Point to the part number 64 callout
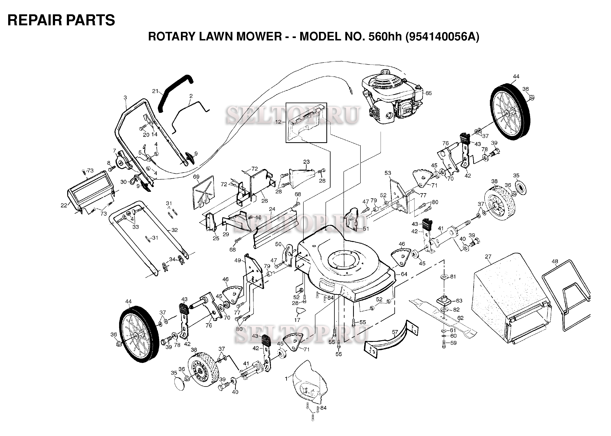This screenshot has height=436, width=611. coord(404,274)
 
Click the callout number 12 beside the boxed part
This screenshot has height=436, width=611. coord(278,122)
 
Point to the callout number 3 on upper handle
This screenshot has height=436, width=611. coord(125,98)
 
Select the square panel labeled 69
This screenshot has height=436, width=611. coord(203,192)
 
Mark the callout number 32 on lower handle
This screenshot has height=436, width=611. coord(175,230)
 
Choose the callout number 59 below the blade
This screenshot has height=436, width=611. coord(453,343)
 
